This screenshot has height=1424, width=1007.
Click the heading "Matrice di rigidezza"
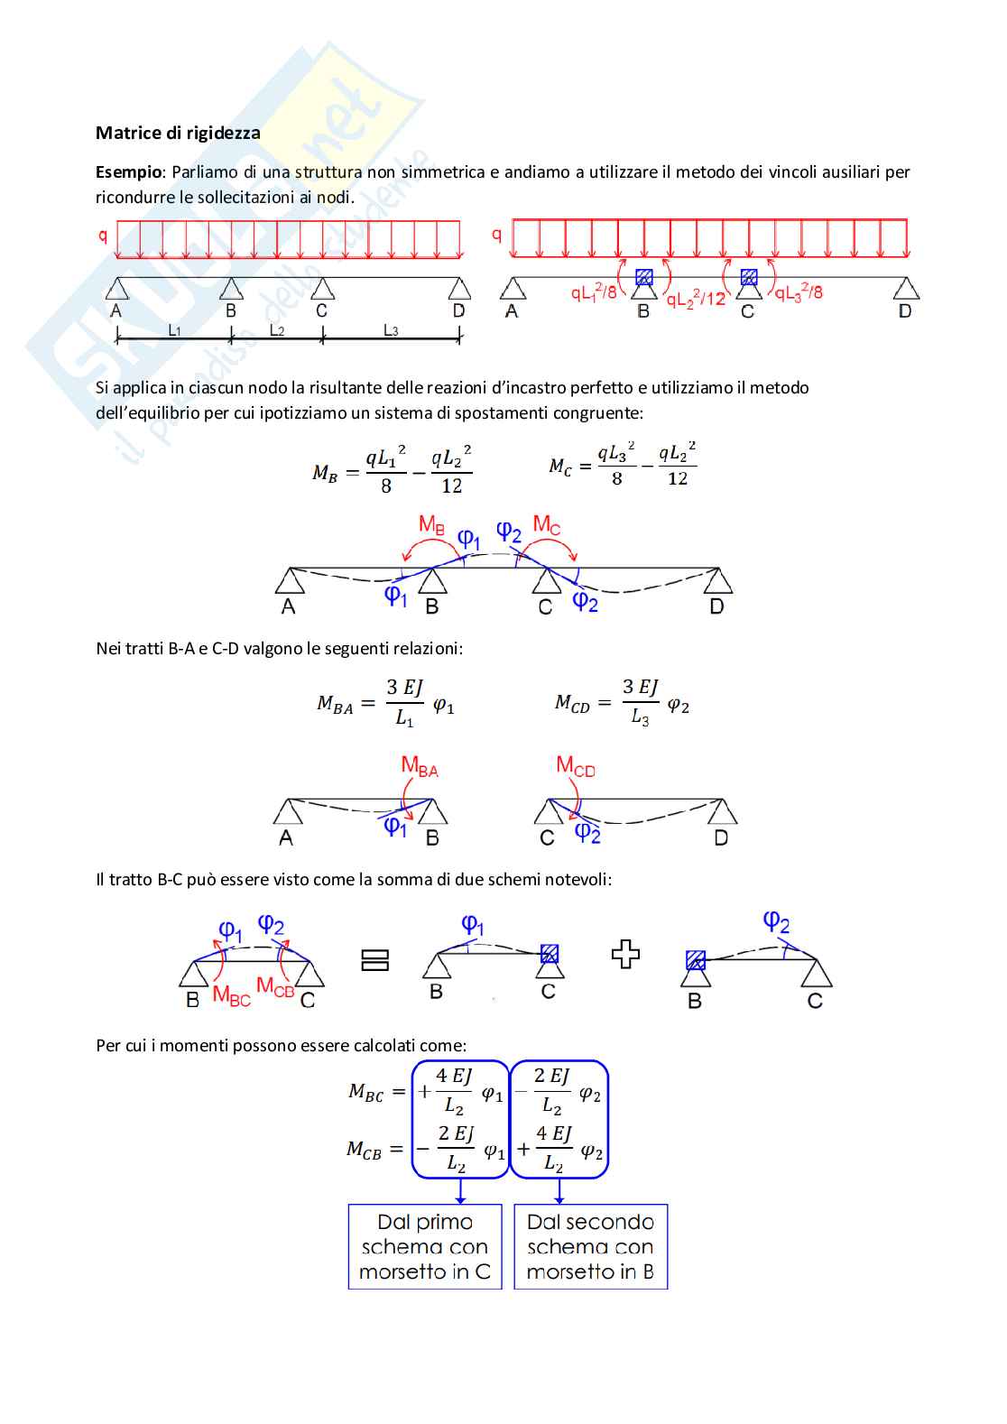178,133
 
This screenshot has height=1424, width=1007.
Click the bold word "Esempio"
129,171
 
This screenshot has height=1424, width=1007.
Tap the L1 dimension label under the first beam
175,331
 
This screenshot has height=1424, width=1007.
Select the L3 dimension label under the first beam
391,331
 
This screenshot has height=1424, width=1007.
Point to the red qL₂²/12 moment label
696,299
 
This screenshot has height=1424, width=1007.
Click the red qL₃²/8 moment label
799,293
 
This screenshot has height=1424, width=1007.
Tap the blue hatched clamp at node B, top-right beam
643,277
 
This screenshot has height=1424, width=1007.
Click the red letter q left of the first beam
103,236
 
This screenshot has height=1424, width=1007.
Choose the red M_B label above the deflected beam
431,524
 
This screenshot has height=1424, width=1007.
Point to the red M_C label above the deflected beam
546,524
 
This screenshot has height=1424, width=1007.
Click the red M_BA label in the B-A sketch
420,767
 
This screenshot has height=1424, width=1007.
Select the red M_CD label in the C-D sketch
576,767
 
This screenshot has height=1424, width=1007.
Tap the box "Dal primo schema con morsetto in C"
425,1246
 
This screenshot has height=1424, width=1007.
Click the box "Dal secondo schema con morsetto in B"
591,1246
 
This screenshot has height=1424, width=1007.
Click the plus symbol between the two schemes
625,955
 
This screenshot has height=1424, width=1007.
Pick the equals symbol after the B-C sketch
374,960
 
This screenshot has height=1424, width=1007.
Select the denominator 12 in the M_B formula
452,486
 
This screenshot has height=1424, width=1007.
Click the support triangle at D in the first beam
460,289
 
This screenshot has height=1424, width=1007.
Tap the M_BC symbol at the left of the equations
366,1093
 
